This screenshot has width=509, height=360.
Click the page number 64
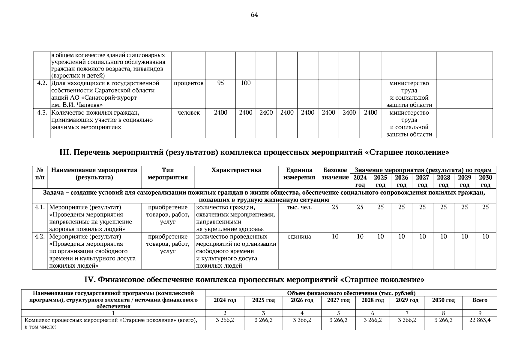point(254,15)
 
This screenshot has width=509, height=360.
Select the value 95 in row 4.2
point(220,83)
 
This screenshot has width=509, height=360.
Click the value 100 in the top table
point(246,83)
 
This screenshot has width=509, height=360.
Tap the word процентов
point(189,83)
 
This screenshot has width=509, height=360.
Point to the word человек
point(189,113)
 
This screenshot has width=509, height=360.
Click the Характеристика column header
point(236,170)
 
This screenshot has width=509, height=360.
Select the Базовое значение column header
point(335,174)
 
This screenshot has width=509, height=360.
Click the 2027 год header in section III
point(422,181)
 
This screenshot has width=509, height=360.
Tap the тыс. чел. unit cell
point(299,207)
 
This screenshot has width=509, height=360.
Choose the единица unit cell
point(299,237)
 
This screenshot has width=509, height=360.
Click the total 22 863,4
point(480,320)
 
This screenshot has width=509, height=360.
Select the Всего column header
point(480,300)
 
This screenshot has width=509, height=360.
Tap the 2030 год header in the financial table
point(443,300)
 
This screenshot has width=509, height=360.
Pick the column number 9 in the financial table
point(480,313)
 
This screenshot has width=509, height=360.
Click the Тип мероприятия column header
point(168,174)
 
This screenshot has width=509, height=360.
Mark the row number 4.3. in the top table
point(42,113)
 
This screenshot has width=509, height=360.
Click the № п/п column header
point(40,174)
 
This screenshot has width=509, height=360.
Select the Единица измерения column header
point(299,174)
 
